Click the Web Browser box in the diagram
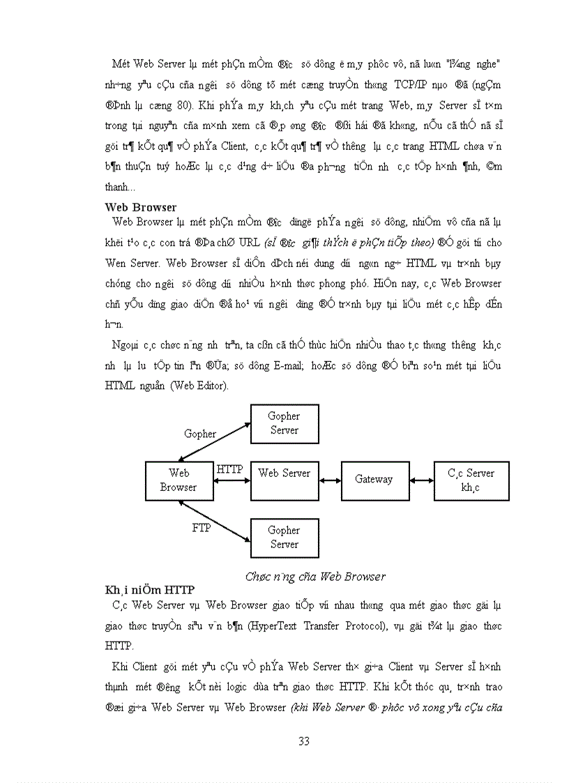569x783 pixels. [x=179, y=480]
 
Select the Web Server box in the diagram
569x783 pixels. [x=284, y=480]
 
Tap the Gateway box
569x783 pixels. [x=374, y=480]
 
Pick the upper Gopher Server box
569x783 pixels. [x=284, y=423]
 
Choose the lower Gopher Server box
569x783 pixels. [x=284, y=538]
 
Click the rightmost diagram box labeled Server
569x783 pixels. [x=471, y=480]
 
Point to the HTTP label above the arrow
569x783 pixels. [x=229, y=469]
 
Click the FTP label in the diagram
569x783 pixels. [x=202, y=528]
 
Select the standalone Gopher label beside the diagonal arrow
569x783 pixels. [x=200, y=434]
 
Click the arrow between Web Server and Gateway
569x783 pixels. [x=331, y=480]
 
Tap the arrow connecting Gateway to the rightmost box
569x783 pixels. [x=421, y=480]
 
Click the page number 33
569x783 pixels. [x=303, y=741]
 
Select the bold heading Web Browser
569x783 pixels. [x=140, y=207]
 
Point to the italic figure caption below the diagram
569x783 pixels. [x=315, y=577]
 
